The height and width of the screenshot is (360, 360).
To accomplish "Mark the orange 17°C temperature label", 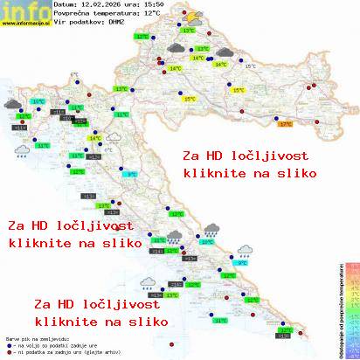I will (x=284, y=124).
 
